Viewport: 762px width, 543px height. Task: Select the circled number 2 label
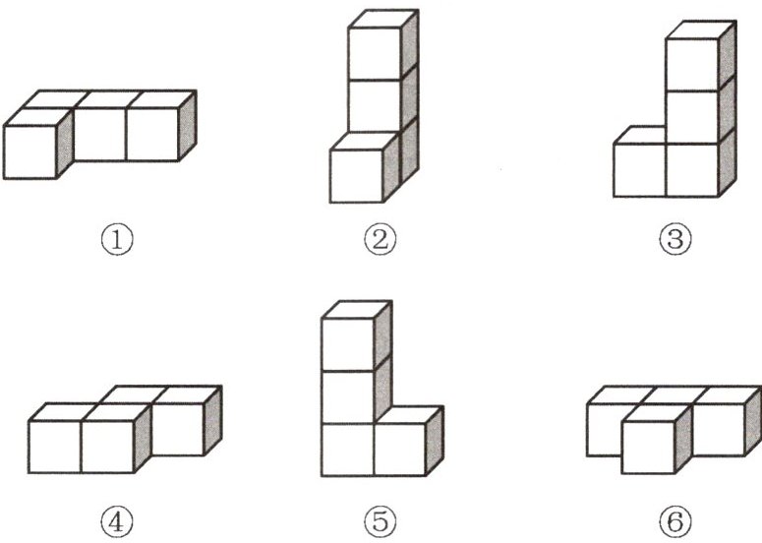[381, 240]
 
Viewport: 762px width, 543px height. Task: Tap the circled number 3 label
[675, 240]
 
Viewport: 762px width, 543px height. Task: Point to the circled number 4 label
[117, 522]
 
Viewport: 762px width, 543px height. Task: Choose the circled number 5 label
[381, 522]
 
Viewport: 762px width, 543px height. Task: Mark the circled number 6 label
[675, 522]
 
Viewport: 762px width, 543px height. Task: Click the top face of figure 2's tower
[383, 19]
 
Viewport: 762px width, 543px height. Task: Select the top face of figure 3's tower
[701, 30]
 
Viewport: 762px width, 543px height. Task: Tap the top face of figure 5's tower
[357, 310]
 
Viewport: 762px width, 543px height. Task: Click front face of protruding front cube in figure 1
[30, 151]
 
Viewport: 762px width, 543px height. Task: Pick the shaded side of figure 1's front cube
[65, 143]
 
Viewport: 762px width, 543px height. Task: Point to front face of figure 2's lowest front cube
[357, 175]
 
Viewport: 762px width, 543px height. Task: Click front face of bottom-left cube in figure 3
[640, 170]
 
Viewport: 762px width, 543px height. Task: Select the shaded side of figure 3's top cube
[728, 56]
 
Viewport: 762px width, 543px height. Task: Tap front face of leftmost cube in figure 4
[55, 447]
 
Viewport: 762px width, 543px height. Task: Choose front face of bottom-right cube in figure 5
[400, 450]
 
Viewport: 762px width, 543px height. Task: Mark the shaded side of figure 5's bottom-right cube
[435, 441]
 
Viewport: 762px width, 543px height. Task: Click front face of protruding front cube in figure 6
[648, 448]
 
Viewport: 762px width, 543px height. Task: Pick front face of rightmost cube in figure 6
[719, 429]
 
